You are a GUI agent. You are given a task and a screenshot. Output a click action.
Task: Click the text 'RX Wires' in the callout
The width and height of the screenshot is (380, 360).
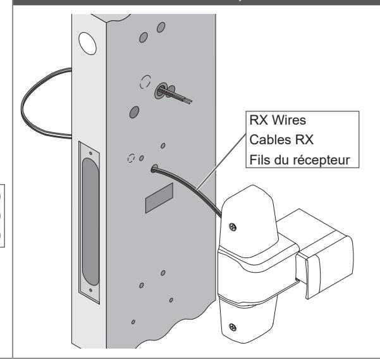278,120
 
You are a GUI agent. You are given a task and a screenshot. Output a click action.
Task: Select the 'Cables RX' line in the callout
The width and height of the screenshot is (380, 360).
281,140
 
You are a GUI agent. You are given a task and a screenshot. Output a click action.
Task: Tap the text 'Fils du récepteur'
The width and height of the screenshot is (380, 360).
300,160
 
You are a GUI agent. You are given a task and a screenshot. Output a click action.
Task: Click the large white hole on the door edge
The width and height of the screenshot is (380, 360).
87,44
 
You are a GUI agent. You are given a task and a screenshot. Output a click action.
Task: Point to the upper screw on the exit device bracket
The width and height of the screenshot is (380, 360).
233,227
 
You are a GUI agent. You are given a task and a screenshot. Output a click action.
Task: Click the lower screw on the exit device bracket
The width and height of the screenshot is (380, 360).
233,327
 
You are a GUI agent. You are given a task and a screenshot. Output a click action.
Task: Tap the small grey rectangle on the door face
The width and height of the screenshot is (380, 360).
159,198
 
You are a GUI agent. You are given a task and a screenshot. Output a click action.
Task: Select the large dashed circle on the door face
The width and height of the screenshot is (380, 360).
145,82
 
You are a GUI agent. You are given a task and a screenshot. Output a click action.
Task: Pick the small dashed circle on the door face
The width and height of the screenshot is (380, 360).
131,158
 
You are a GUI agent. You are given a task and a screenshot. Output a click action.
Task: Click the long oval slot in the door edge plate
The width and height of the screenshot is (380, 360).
91,221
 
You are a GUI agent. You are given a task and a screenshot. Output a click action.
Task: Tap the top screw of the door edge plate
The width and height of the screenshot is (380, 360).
90,153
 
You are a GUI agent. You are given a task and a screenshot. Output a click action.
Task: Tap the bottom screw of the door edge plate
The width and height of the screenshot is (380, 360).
90,290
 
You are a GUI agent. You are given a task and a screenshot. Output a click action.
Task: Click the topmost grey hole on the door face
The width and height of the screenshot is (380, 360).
161,27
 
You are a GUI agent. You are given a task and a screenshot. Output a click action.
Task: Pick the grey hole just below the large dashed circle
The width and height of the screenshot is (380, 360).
135,112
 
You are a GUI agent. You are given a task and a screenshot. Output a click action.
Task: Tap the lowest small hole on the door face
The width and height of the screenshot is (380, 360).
133,322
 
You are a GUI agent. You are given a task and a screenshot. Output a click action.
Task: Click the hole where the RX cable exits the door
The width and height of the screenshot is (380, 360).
154,168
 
